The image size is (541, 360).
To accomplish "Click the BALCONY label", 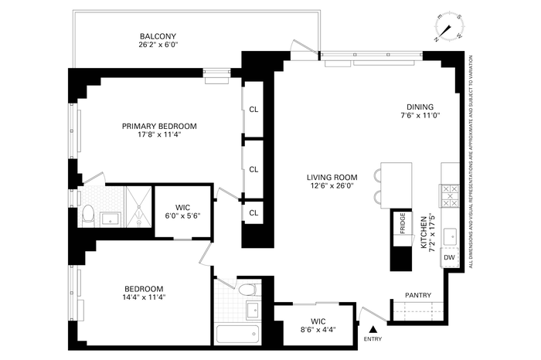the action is click(x=158, y=36).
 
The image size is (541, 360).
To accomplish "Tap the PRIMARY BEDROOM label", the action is click(x=159, y=126).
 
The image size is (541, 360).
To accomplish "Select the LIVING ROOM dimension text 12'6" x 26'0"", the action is click(x=332, y=186).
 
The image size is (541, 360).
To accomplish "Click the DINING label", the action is click(x=420, y=107).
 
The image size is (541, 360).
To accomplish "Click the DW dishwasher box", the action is click(x=449, y=257).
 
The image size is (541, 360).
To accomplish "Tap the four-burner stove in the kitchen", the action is click(x=450, y=196).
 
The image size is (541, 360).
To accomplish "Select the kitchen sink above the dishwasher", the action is click(x=450, y=237).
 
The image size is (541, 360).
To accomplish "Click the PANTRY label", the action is click(x=418, y=295).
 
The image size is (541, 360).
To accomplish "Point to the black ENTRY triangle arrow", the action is click(x=373, y=329).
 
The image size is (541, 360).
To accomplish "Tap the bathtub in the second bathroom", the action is click(x=237, y=334).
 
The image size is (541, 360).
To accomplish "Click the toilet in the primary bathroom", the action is click(x=89, y=215).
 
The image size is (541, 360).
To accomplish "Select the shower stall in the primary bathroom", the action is click(x=138, y=207).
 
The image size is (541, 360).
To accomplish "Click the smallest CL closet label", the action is click(x=253, y=213).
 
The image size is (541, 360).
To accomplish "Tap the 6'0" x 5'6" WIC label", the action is click(x=182, y=212).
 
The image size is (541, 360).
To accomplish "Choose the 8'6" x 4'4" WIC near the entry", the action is click(x=318, y=325).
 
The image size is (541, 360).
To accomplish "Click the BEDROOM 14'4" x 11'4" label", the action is click(x=144, y=293).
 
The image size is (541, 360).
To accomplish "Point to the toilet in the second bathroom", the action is click(x=248, y=289).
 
